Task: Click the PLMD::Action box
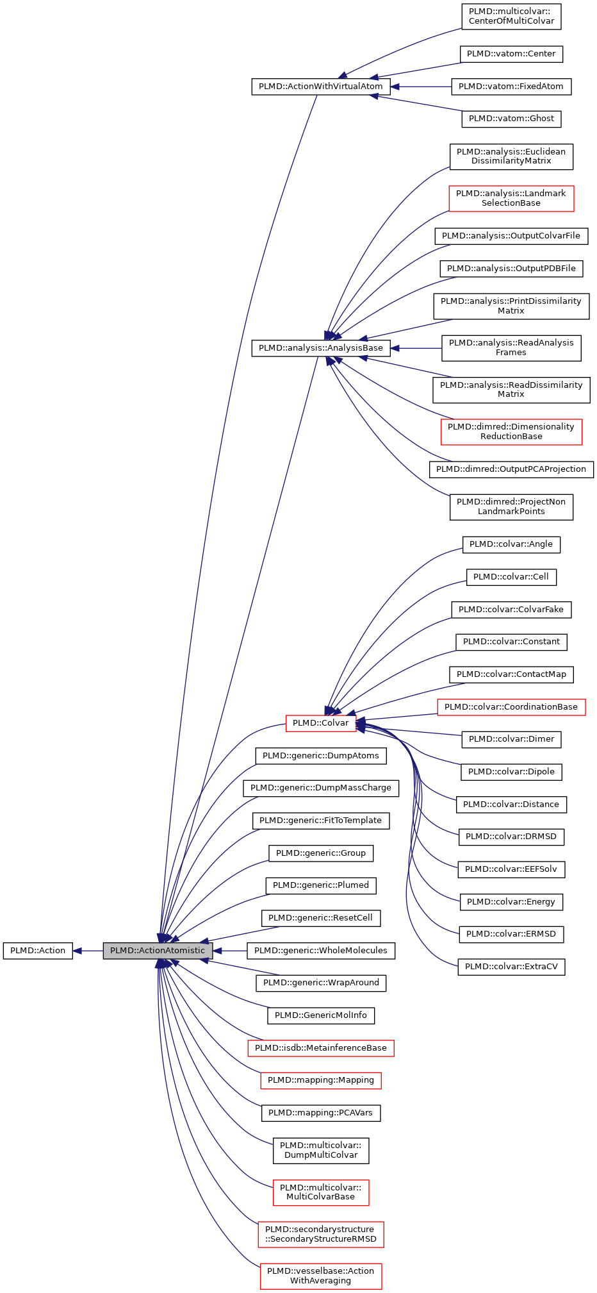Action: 38,951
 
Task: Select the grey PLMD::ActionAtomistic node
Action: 158,951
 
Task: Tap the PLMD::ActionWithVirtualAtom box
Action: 320,87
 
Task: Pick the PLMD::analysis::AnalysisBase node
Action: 320,348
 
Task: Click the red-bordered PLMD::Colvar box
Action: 320,723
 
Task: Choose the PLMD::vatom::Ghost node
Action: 511,119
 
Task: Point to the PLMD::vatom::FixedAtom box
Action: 511,87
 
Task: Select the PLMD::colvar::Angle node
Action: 511,544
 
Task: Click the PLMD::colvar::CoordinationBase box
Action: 511,707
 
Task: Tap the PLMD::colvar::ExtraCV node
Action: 511,967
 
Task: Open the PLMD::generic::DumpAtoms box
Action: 320,756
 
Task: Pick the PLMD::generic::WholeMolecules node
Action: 320,951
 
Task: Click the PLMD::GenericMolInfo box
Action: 320,1015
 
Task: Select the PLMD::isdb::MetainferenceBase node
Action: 320,1048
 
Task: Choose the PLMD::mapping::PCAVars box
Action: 320,1113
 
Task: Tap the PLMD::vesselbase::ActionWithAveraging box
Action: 320,1276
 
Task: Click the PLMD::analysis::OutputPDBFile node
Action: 511,269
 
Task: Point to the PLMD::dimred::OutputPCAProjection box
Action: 511,469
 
